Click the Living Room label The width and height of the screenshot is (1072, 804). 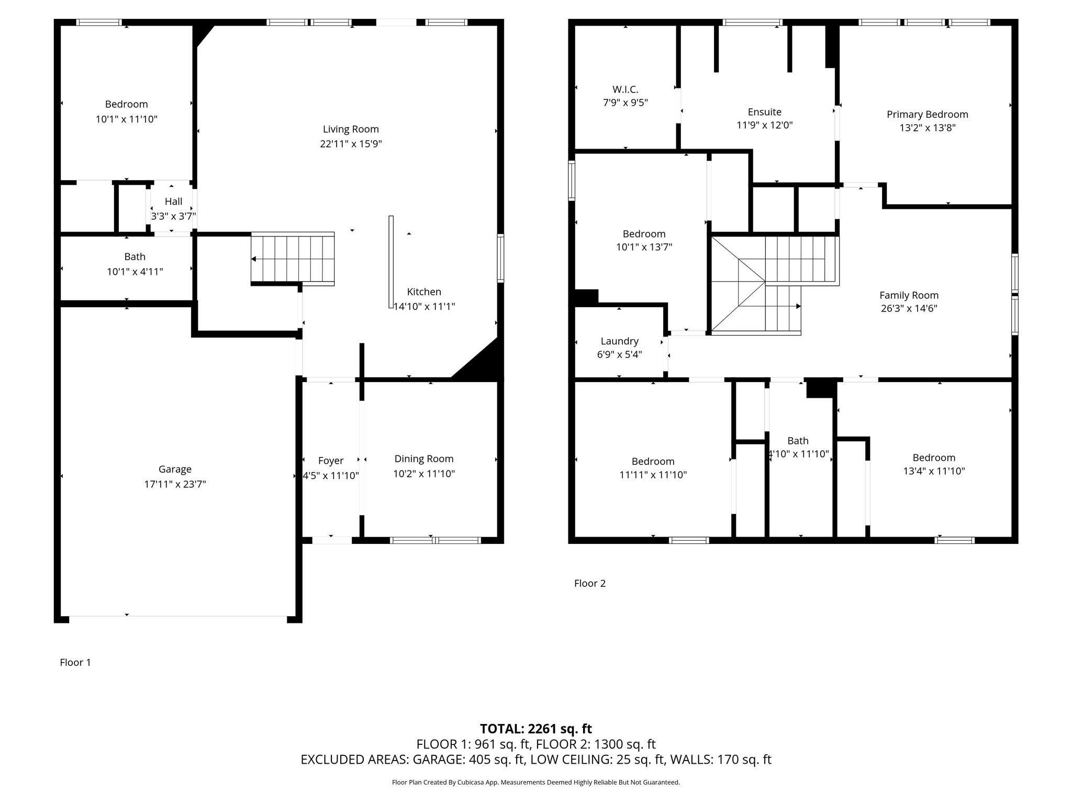(351, 129)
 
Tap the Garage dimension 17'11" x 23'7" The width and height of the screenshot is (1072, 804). (175, 484)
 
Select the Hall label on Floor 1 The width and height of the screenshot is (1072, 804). (173, 202)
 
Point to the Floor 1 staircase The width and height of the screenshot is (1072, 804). (293, 259)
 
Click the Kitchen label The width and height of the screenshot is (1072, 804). (424, 292)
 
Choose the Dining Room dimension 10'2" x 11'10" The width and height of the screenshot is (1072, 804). (424, 474)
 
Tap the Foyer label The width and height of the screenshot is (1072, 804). (331, 461)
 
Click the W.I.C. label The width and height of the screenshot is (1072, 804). (625, 90)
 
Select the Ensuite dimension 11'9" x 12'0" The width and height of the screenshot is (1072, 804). (764, 125)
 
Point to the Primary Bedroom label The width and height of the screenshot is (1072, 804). (927, 114)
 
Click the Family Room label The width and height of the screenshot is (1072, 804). (909, 295)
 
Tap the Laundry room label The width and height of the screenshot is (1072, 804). (619, 341)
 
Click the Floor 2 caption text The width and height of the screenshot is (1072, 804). (589, 583)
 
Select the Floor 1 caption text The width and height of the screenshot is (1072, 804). (75, 662)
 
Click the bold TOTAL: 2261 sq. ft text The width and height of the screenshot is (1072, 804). (535, 729)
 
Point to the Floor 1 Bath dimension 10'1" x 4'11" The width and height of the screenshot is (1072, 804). (135, 272)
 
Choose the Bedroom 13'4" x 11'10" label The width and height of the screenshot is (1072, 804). (933, 457)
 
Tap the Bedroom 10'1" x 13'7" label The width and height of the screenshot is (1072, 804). (644, 234)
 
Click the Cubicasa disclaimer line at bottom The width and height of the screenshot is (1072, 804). (535, 783)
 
